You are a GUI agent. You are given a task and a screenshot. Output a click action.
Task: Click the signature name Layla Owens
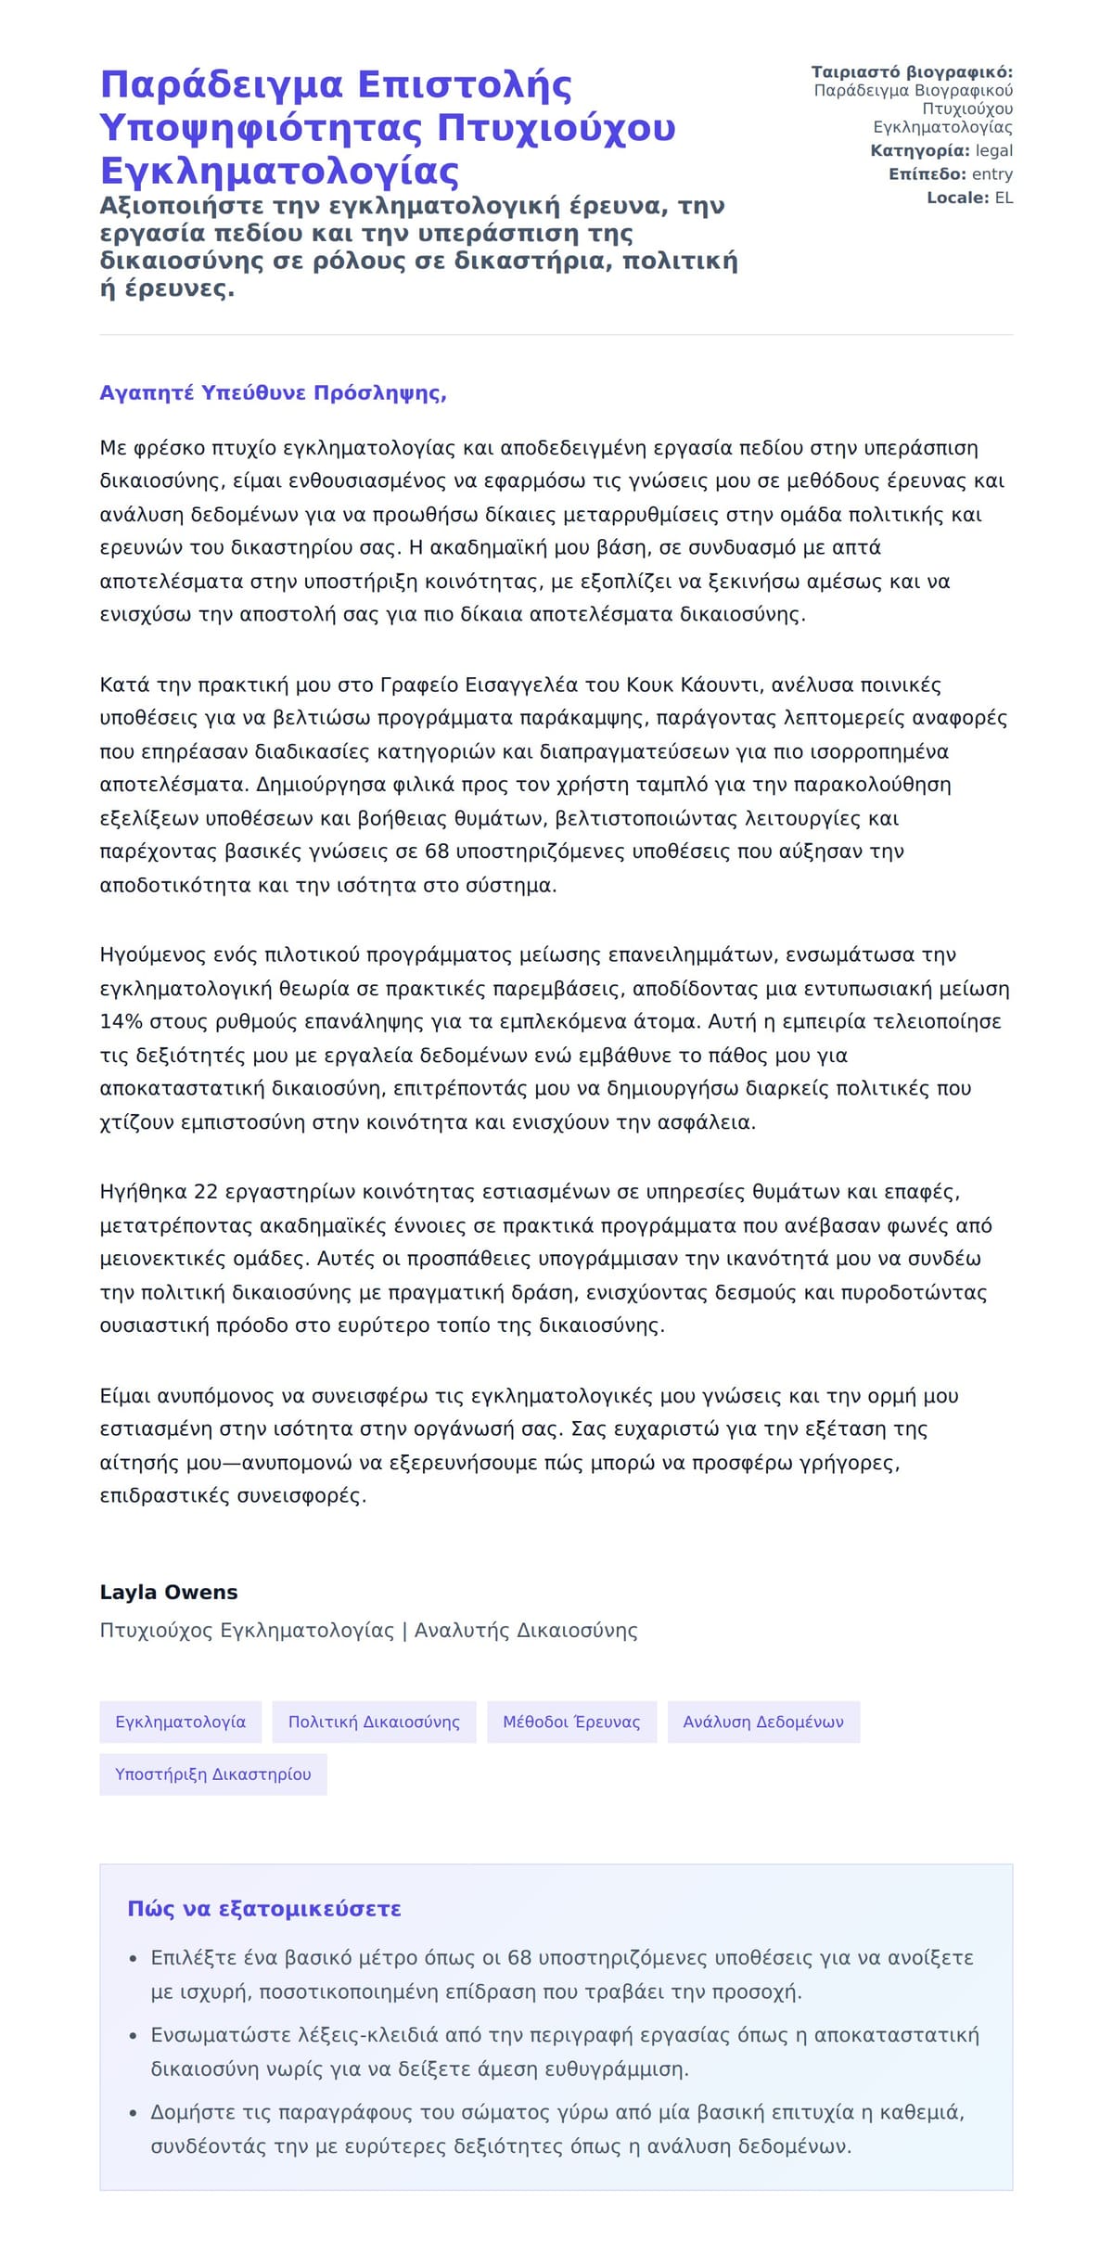coord(168,1592)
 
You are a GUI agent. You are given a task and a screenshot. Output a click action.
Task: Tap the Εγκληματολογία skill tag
coord(180,1722)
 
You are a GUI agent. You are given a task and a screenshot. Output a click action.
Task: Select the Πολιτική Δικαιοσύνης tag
coord(374,1722)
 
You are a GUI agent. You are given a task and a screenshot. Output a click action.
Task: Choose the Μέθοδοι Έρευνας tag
coord(571,1722)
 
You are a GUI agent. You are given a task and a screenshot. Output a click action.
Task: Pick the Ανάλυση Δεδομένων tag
coord(763,1722)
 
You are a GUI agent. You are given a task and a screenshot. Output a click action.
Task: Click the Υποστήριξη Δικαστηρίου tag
coord(212,1774)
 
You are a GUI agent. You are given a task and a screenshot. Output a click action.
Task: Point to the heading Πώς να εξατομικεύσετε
coord(264,1909)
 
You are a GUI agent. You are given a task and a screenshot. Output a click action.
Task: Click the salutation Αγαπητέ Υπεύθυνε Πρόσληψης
coord(273,392)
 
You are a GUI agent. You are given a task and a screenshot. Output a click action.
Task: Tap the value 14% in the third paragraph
coord(121,1021)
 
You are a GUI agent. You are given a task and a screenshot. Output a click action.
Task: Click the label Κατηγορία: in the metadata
coord(920,150)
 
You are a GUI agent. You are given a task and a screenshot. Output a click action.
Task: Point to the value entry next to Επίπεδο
coord(991,173)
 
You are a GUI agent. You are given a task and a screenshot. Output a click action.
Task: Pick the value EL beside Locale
coord(1004,198)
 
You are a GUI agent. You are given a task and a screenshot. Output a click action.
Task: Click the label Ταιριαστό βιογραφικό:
coord(912,72)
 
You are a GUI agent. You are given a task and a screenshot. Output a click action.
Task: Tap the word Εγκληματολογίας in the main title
coord(279,171)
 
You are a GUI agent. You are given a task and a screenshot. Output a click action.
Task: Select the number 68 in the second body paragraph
coord(437,851)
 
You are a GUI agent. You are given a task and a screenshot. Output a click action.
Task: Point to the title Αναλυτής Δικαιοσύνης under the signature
coord(526,1630)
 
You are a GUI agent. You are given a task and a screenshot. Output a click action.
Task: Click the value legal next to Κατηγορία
coord(993,150)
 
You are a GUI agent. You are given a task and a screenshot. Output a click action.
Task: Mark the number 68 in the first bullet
coord(519,1957)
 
